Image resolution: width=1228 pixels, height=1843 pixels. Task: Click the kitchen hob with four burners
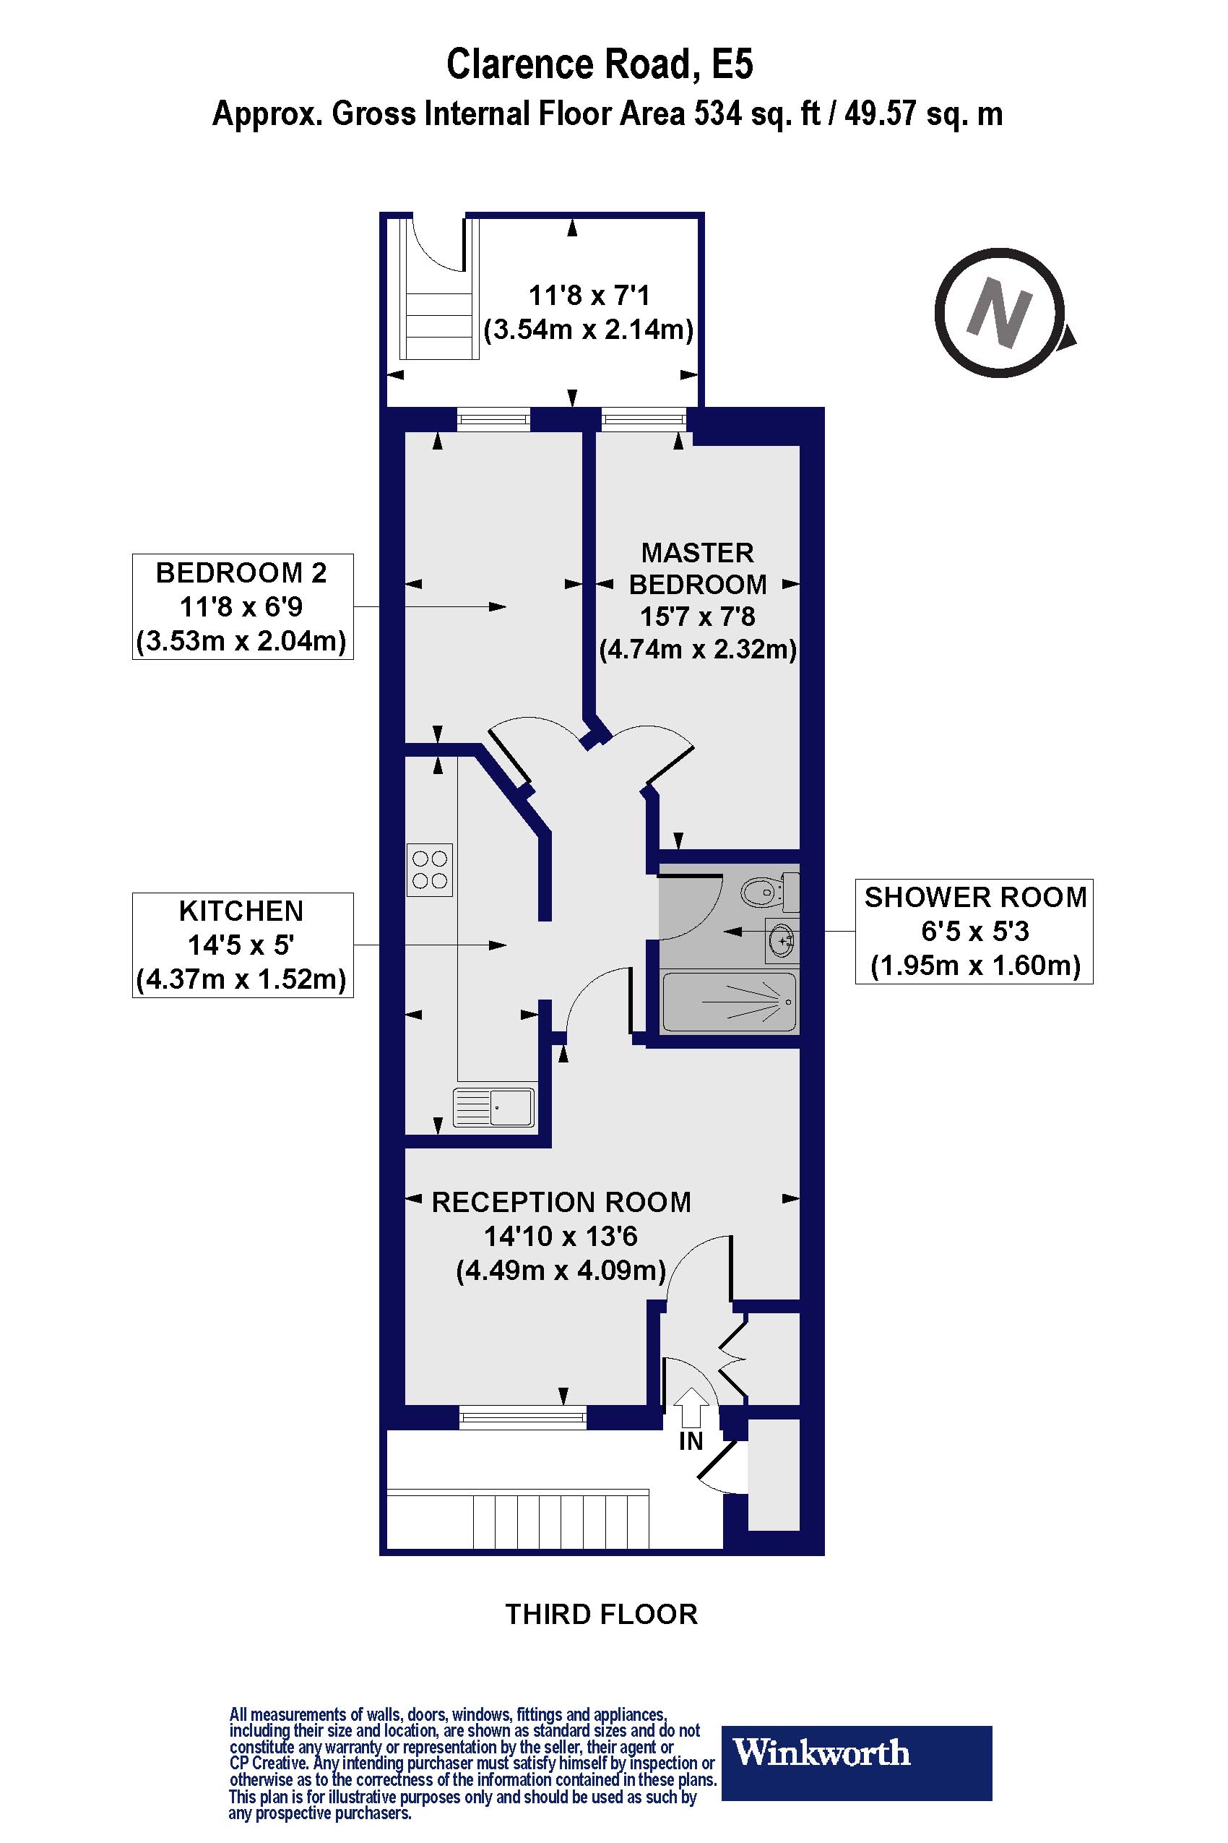429,869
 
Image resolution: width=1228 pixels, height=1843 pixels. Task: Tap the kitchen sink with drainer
494,1108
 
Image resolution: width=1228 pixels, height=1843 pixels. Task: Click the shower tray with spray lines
729,1002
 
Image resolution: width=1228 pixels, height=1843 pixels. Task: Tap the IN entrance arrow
690,1408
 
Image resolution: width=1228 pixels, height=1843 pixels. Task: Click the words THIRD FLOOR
601,1614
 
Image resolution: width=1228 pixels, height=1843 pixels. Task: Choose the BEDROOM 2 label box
242,606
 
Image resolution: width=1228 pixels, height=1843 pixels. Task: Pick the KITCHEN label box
242,945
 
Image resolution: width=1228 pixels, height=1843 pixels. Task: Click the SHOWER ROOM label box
974,931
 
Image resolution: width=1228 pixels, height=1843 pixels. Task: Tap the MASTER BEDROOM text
697,568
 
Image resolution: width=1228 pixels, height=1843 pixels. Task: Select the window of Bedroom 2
493,420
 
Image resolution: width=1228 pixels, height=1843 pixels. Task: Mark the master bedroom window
643,420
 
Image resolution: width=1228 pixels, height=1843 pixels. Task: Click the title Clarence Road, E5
600,64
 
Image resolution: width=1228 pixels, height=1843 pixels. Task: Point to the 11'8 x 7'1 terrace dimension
589,296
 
